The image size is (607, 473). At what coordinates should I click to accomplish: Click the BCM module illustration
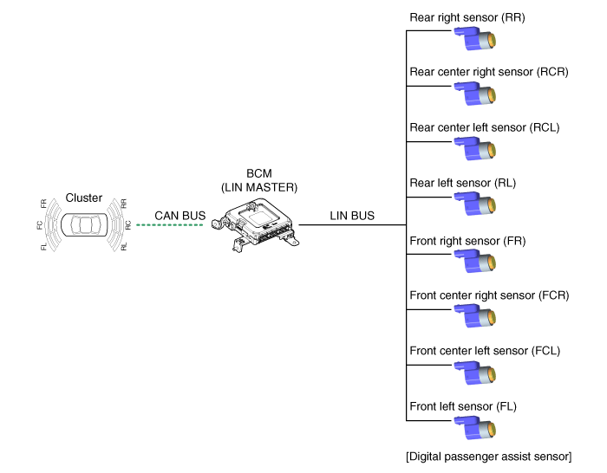[256, 225]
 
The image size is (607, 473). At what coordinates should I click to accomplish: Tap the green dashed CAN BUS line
[170, 224]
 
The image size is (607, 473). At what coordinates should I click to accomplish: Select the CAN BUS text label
[180, 216]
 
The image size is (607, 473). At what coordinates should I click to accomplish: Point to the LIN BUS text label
[352, 216]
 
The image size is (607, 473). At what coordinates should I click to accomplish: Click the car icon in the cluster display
[84, 224]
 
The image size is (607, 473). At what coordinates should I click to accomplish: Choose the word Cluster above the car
[83, 198]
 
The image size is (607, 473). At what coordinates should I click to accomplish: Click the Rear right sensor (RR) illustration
[475, 38]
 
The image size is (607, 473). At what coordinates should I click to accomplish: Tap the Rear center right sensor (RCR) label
[489, 72]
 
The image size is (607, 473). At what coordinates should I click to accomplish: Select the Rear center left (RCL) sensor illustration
[475, 148]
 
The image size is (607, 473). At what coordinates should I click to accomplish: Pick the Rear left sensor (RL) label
[462, 183]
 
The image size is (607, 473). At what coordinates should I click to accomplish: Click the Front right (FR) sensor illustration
[475, 261]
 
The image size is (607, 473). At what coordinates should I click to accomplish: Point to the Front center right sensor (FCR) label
[489, 295]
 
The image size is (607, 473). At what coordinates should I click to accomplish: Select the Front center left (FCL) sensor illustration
[475, 373]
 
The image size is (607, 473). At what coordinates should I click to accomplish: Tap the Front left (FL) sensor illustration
[475, 428]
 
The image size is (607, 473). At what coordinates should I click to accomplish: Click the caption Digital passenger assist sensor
[488, 457]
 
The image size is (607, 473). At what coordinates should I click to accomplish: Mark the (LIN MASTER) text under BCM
[259, 188]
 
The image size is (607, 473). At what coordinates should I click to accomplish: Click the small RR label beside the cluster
[123, 204]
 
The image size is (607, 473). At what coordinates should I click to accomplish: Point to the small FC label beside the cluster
[40, 225]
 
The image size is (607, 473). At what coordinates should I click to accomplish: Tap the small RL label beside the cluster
[123, 247]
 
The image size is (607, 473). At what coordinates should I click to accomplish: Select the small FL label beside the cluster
[43, 247]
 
